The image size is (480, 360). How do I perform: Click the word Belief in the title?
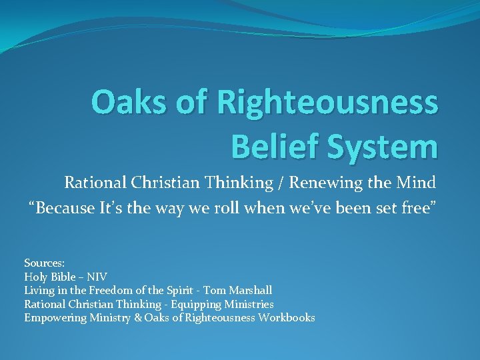pyautogui.click(x=269, y=145)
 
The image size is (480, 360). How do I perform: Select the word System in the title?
pyautogui.click(x=377, y=145)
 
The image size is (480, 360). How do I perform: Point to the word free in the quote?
pyautogui.click(x=420, y=209)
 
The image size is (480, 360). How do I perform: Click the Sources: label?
pyautogui.click(x=44, y=263)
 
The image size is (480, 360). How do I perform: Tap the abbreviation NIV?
pyautogui.click(x=97, y=277)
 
